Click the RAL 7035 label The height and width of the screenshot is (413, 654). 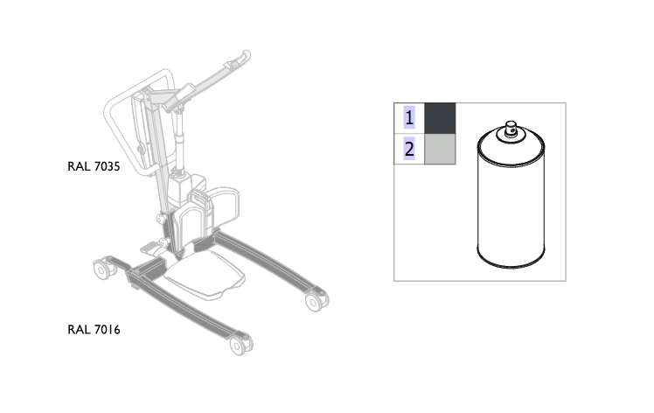[94, 166]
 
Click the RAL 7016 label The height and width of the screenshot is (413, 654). [94, 330]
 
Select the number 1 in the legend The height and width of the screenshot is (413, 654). [409, 118]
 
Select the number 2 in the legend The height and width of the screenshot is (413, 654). [409, 149]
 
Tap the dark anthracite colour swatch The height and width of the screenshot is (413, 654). [440, 118]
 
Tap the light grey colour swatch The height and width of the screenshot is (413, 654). [440, 149]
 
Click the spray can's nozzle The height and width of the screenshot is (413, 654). [511, 129]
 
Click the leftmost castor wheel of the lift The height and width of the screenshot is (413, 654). [101, 269]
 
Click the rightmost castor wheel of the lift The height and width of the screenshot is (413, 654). [316, 301]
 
